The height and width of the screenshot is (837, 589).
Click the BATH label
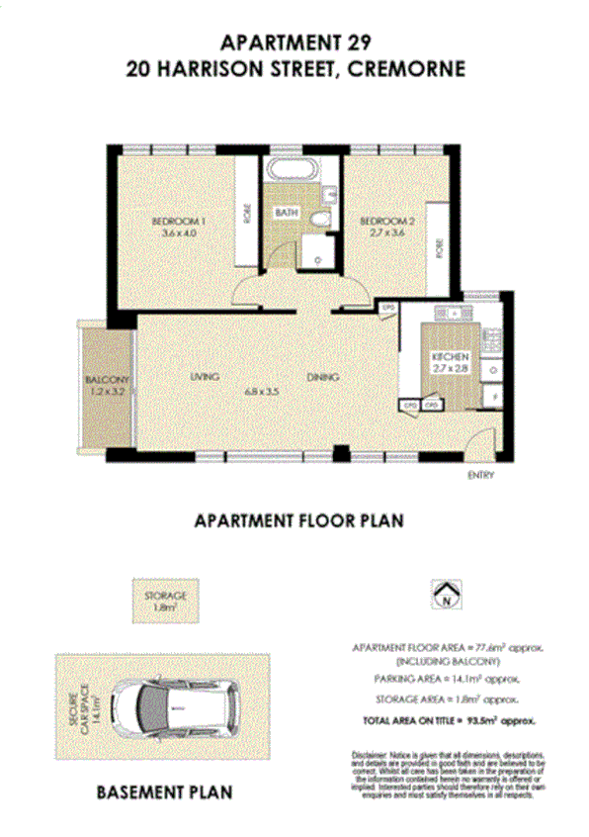click(x=286, y=213)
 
